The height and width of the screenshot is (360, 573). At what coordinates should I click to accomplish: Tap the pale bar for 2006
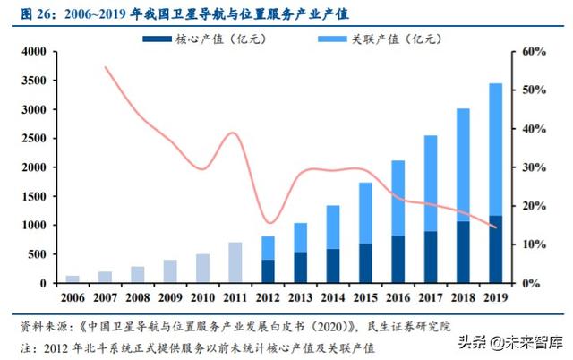(73, 279)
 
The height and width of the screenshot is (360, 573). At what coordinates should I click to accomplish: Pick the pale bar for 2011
(235, 262)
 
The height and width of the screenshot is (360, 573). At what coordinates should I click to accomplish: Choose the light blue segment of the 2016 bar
(398, 198)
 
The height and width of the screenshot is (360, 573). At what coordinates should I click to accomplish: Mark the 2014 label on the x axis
(332, 296)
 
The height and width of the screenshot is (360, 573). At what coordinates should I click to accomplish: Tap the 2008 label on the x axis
(137, 296)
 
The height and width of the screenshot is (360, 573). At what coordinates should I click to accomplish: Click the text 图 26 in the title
(30, 12)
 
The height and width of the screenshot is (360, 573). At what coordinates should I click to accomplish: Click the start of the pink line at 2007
(106, 67)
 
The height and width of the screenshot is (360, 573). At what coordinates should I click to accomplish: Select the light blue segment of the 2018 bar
(462, 165)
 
